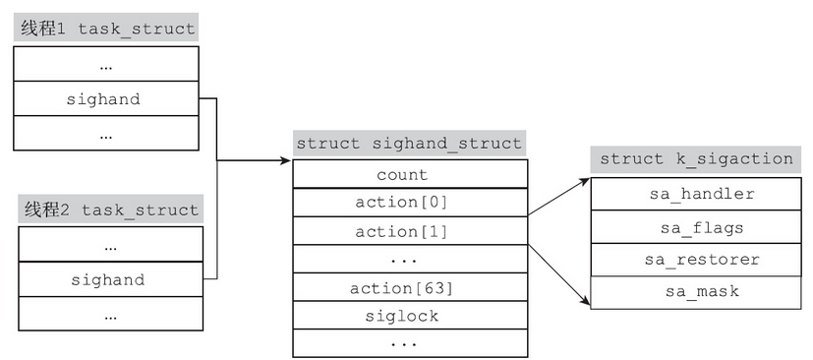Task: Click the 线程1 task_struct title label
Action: (x=105, y=29)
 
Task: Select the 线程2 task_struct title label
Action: (x=109, y=210)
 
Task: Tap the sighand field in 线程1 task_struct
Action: (x=106, y=98)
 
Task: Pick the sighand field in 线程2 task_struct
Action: (x=109, y=279)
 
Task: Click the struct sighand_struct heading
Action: (x=409, y=143)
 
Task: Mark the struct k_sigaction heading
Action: (x=696, y=158)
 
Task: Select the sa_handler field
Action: (x=696, y=194)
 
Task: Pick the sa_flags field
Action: (x=696, y=227)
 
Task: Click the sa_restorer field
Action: (x=696, y=260)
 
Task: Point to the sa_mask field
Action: (x=696, y=291)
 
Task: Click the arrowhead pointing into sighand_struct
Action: (x=288, y=159)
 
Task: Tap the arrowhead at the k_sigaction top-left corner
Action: (x=586, y=182)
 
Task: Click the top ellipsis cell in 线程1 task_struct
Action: (x=106, y=65)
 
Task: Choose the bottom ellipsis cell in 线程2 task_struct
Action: (x=109, y=314)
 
